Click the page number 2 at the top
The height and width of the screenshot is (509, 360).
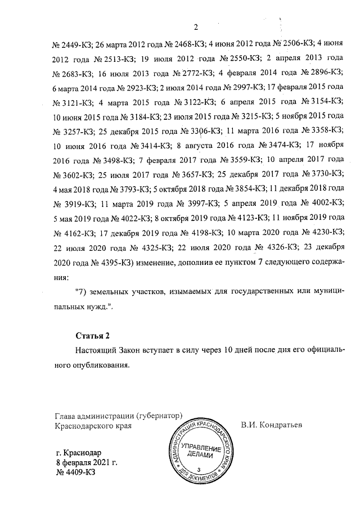[196, 26]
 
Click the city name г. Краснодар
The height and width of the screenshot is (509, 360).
[79, 452]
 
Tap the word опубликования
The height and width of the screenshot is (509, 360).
[101, 364]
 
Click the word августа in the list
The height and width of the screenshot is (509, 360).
[199, 144]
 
